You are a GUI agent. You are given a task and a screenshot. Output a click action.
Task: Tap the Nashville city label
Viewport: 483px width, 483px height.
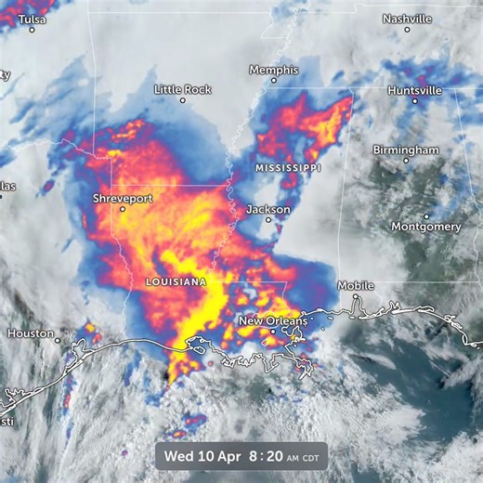tap(407, 19)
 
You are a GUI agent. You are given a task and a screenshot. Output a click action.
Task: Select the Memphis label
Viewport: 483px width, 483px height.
tap(273, 70)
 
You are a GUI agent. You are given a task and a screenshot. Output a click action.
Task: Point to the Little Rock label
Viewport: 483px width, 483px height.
tap(183, 89)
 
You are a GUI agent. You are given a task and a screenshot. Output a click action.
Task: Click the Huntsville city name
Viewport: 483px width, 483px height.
tap(415, 91)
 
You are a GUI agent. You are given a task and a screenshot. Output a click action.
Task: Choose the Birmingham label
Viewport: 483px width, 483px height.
tap(406, 150)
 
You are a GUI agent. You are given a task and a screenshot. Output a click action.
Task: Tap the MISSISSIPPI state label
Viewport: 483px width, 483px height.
tap(288, 168)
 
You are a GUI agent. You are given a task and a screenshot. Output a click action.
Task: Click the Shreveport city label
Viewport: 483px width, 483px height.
tap(123, 199)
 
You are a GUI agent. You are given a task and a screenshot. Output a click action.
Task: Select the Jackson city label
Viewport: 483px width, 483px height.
tap(268, 210)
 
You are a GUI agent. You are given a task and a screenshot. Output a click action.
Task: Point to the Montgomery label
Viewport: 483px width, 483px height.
tap(426, 227)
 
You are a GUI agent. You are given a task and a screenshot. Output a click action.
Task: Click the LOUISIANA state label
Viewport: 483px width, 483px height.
tap(176, 281)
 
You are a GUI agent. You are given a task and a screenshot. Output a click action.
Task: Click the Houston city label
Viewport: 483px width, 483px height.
tap(31, 333)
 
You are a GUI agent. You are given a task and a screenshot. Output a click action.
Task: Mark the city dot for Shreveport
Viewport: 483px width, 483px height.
tap(122, 210)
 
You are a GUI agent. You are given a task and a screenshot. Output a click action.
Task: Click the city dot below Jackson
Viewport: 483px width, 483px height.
tap(268, 221)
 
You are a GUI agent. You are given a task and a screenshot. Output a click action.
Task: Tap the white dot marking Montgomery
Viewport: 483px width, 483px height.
tap(426, 216)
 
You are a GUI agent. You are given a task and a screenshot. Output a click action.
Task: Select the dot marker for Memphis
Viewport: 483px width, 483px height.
tap(273, 81)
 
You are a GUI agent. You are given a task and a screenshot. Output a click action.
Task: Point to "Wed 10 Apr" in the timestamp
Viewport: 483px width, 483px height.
tap(198, 455)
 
